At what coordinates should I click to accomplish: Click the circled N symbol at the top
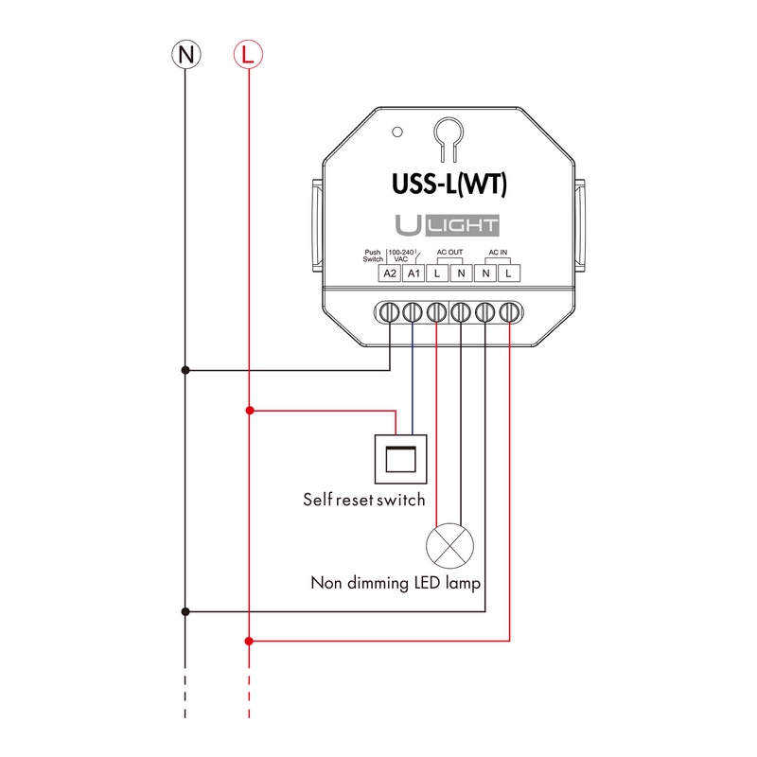tap(185, 54)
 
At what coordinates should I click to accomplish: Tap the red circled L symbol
tap(247, 54)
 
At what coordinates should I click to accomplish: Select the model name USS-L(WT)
tap(450, 183)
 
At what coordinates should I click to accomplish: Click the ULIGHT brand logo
tap(449, 226)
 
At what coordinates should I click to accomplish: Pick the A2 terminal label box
tap(389, 273)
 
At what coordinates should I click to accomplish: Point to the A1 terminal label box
tap(413, 273)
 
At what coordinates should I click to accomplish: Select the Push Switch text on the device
tap(373, 255)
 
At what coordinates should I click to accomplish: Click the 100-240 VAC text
tap(402, 255)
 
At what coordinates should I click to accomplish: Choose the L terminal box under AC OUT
tap(436, 273)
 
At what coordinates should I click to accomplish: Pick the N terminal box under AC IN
tap(485, 273)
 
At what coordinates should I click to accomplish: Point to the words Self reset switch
tap(363, 500)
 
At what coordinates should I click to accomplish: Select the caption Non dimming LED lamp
tap(396, 583)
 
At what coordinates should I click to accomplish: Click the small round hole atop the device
tap(399, 132)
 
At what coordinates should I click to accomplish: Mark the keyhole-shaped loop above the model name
tap(448, 138)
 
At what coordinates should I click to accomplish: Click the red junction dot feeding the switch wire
tap(248, 411)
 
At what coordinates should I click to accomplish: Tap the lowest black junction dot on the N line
tap(185, 611)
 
